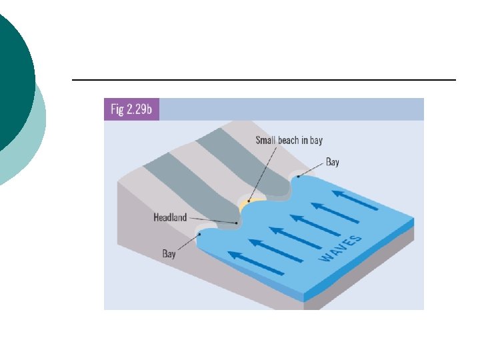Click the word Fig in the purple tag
(116, 109)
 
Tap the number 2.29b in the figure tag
(140, 109)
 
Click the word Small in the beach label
(267, 141)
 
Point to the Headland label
(170, 217)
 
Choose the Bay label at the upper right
(332, 162)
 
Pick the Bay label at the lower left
(169, 254)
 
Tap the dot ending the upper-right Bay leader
(298, 177)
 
